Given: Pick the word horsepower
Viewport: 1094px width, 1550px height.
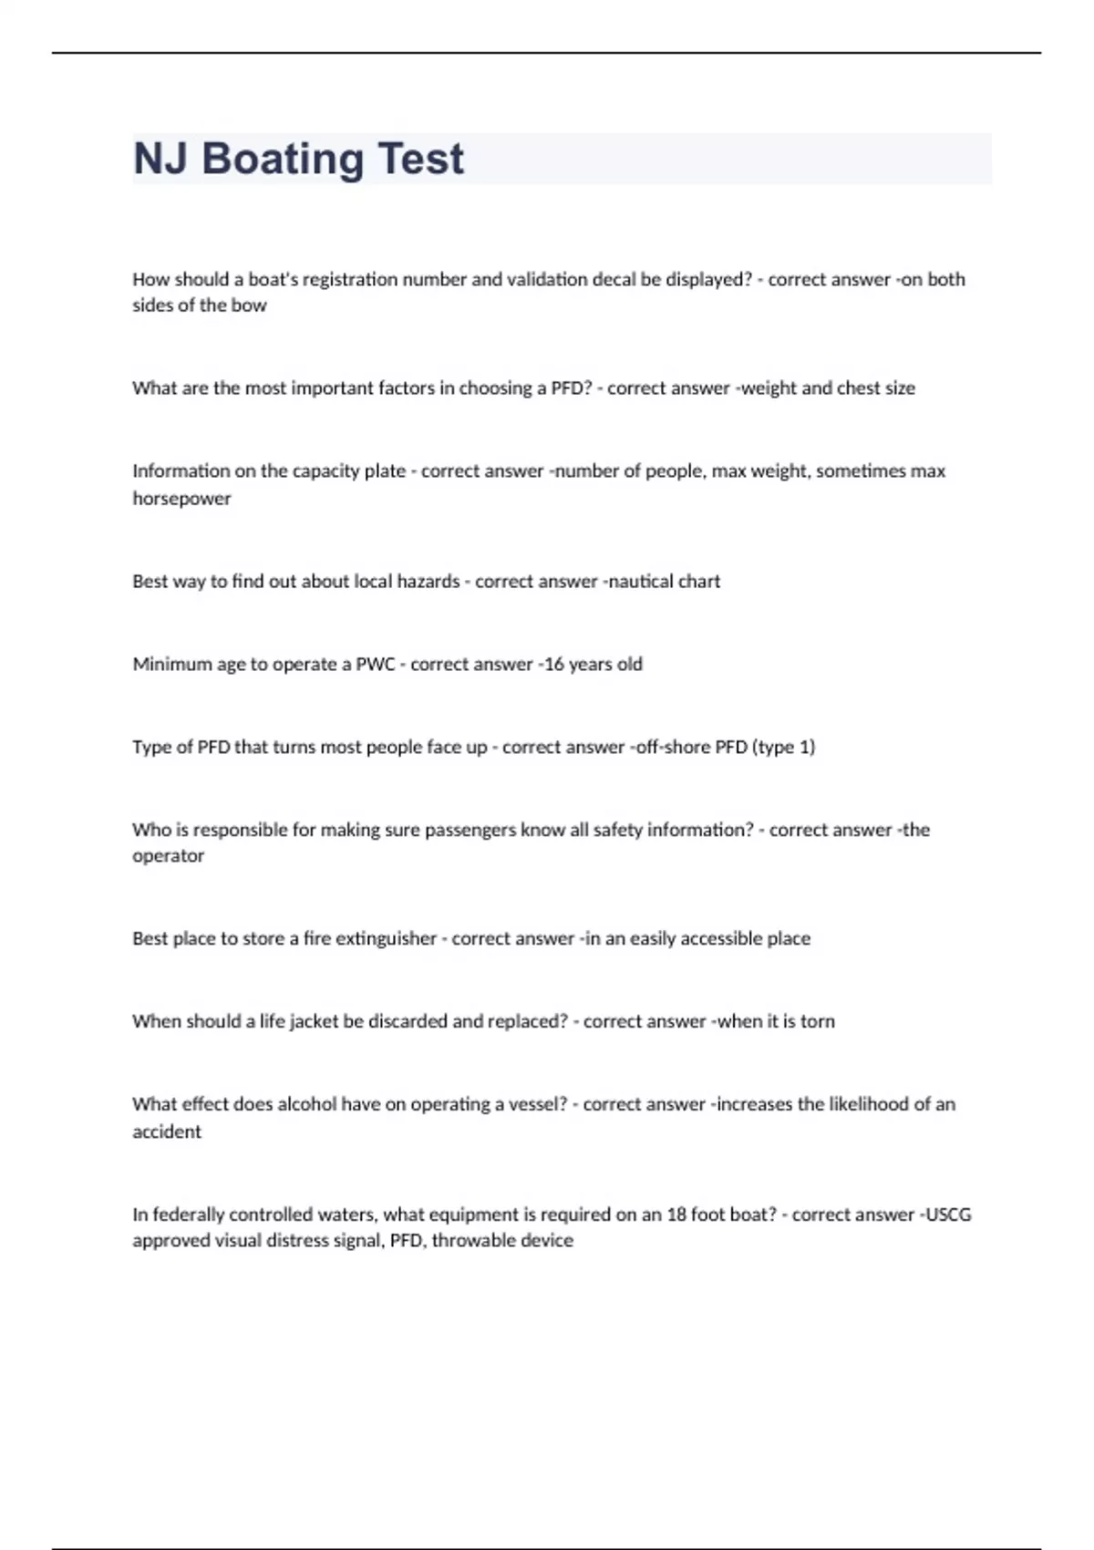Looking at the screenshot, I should point(181,499).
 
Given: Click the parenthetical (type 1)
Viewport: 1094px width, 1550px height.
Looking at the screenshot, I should point(783,748).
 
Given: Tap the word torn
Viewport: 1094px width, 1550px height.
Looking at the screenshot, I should point(817,1022).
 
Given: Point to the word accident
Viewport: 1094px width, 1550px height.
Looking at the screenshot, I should point(167,1132).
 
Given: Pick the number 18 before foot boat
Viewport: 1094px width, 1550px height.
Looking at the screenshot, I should point(678,1215).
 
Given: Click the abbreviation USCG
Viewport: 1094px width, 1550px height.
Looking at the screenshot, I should point(948,1215).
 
